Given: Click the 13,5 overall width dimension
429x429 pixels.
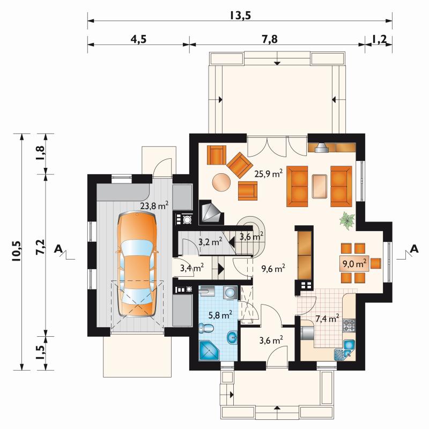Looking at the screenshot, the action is [x=240, y=16].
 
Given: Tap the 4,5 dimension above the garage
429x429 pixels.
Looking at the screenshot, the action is [x=138, y=39].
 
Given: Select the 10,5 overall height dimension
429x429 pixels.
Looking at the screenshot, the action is [x=17, y=251].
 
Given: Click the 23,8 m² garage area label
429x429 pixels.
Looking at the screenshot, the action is [x=154, y=205].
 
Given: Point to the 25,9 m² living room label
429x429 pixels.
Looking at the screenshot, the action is [x=269, y=173].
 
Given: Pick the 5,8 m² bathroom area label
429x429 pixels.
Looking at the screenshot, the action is [x=220, y=315].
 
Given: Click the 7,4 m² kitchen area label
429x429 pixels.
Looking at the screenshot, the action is [x=327, y=318].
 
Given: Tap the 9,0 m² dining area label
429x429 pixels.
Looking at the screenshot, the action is [x=354, y=263].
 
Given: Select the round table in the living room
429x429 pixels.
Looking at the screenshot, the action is [x=222, y=182].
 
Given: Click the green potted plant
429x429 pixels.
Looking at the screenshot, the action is [x=347, y=220].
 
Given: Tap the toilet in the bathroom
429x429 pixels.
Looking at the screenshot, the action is [x=206, y=328].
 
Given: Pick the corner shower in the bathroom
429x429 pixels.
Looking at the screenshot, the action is [x=209, y=350].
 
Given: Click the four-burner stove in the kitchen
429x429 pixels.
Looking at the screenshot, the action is [x=349, y=326].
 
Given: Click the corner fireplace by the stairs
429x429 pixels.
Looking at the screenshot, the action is [x=211, y=212].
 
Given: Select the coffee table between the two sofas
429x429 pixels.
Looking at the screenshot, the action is [x=319, y=186].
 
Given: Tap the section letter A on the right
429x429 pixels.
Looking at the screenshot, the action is [x=415, y=249].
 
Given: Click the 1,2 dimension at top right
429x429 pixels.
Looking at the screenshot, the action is [x=379, y=39].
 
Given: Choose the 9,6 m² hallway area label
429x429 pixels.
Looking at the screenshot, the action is [x=273, y=269].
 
